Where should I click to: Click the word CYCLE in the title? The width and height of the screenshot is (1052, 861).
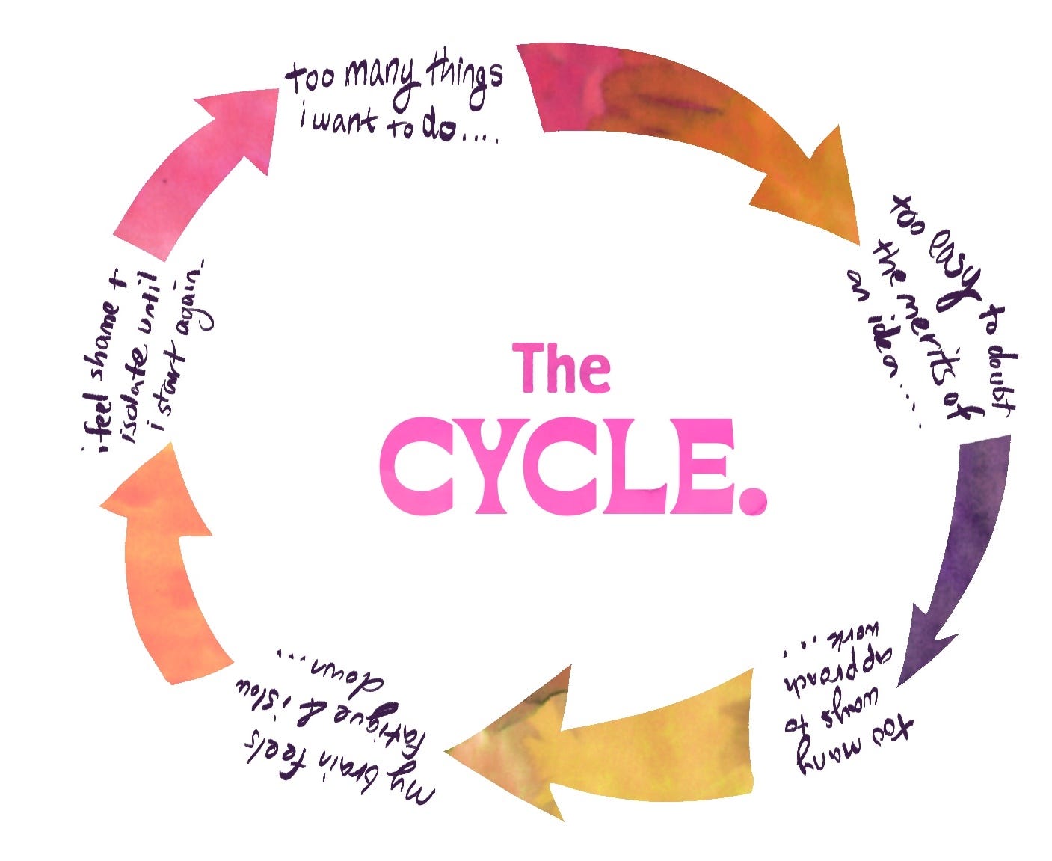(x=557, y=465)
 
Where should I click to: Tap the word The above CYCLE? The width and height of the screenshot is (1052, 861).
(x=561, y=368)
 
